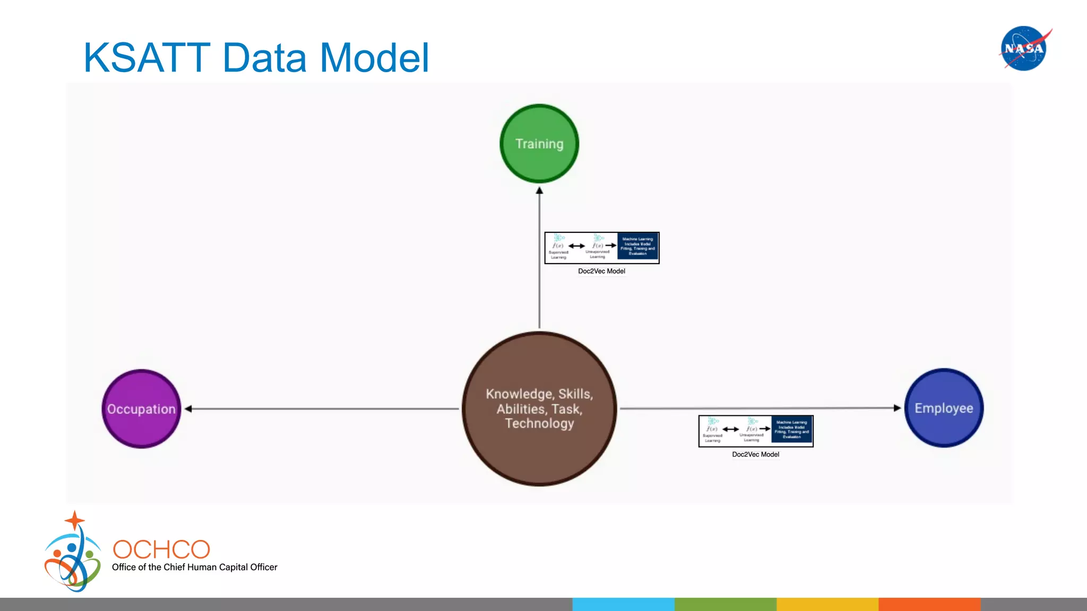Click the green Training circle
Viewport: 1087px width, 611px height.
coord(539,144)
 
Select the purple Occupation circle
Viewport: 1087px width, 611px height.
coord(141,409)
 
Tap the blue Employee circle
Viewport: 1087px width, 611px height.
coord(944,408)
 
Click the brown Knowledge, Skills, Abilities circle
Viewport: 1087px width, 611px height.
coord(539,409)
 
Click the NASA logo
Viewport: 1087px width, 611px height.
coord(1024,48)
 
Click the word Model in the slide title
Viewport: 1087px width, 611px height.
coord(374,58)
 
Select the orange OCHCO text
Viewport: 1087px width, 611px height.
coord(161,549)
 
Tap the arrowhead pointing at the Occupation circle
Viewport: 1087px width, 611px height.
coord(188,409)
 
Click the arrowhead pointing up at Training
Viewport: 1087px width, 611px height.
coord(539,191)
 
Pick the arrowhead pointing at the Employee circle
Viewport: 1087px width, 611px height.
coord(897,408)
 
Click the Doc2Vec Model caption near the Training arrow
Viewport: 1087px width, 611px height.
coord(601,271)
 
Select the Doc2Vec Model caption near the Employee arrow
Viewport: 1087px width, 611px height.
coord(755,455)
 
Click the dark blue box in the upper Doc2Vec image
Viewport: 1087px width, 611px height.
coord(637,247)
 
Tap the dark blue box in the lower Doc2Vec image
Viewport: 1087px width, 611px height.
coord(791,430)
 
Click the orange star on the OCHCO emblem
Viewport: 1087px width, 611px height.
coord(75,520)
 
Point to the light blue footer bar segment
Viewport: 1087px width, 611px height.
coord(623,604)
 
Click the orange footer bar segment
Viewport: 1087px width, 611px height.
coord(929,604)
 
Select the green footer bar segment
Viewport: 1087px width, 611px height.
coord(725,604)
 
